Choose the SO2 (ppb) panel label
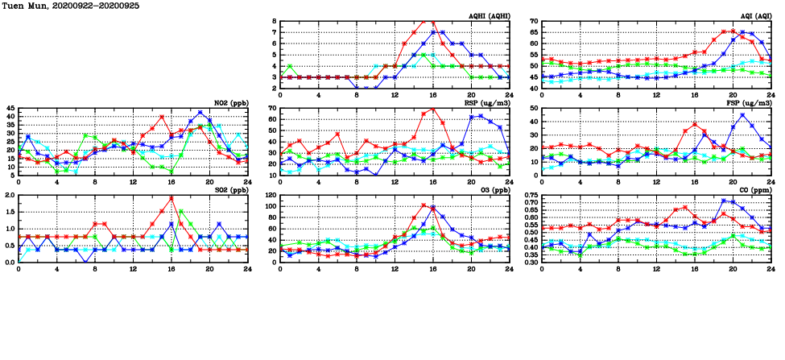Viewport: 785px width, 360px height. point(230,190)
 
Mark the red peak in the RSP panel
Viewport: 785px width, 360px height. point(432,109)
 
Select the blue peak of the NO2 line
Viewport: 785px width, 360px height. point(200,113)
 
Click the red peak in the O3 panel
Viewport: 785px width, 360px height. point(423,205)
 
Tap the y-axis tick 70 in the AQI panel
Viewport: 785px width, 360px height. point(534,21)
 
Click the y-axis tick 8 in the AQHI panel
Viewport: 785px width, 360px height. point(275,21)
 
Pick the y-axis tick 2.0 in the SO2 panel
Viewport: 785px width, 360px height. point(10,195)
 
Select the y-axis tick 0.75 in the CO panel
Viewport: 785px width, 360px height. point(531,195)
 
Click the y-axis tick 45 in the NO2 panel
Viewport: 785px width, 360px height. point(10,108)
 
